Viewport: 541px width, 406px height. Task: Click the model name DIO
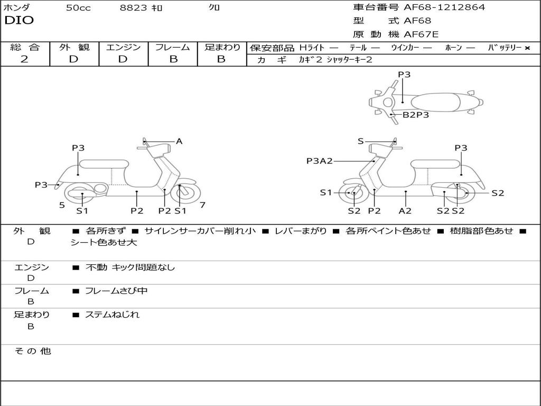click(19, 21)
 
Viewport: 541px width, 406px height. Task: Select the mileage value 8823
click(134, 8)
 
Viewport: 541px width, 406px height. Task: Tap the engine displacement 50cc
click(78, 8)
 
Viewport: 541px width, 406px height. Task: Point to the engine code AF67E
click(421, 35)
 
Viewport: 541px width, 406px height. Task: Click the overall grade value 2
click(24, 59)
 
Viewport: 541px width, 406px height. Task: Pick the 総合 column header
click(25, 47)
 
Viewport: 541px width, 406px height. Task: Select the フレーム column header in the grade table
click(173, 47)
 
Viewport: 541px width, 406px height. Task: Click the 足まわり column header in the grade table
click(222, 47)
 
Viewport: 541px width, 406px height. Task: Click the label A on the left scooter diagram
click(179, 141)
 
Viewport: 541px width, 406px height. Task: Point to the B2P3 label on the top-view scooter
click(416, 114)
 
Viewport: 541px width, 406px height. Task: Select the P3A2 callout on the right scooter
click(320, 161)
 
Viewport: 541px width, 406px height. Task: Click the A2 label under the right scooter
click(405, 210)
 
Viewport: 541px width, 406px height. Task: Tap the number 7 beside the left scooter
click(202, 205)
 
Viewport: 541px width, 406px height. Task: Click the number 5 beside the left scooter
click(62, 205)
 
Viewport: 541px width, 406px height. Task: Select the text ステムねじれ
click(112, 315)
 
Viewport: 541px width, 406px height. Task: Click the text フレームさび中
click(116, 291)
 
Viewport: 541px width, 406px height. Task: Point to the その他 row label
click(32, 351)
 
